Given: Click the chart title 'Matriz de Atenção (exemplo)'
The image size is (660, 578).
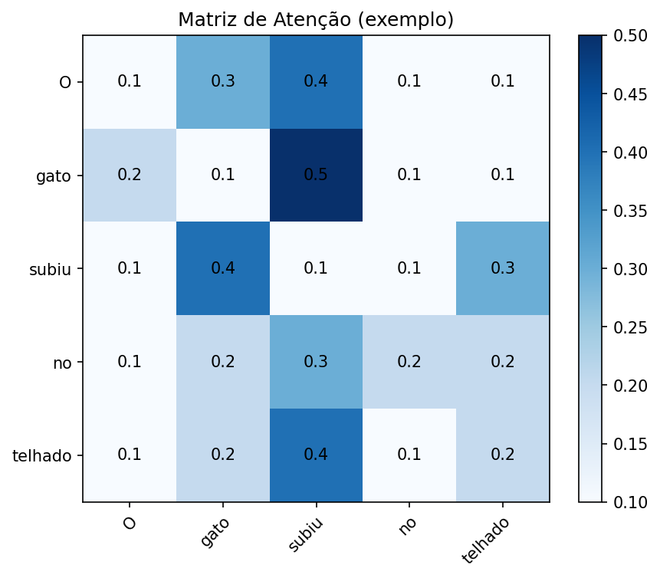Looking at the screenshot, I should (x=316, y=20).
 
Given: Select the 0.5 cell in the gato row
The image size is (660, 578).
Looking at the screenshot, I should (x=316, y=175).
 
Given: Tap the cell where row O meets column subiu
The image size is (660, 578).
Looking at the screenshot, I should (x=316, y=81).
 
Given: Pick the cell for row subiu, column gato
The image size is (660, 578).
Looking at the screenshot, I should (x=222, y=268).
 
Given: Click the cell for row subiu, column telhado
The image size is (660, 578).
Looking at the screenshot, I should (x=503, y=268).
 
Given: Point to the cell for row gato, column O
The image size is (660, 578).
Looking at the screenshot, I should (x=129, y=175).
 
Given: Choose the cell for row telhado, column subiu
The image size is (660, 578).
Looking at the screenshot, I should (x=316, y=455).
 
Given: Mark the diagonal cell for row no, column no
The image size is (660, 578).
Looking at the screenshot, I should (x=409, y=362).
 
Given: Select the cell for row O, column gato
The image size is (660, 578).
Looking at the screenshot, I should (x=222, y=81).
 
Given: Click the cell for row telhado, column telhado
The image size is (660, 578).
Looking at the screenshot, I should (x=503, y=455).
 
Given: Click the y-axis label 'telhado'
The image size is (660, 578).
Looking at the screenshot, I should (x=42, y=456).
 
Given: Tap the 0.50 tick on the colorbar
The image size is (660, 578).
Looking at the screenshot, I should (x=628, y=36).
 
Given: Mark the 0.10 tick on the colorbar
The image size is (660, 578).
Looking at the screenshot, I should (x=628, y=502).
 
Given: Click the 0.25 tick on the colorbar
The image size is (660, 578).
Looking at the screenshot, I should (x=628, y=327).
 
